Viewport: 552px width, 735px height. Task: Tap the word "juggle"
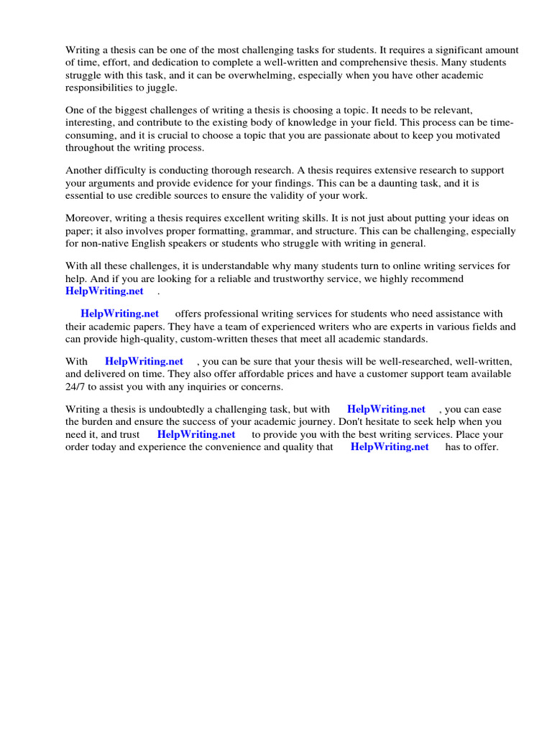pos(160,88)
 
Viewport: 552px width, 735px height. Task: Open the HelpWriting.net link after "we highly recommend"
pos(105,291)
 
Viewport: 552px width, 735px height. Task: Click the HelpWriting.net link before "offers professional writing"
pos(119,314)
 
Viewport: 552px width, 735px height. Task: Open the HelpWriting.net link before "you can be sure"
pos(144,362)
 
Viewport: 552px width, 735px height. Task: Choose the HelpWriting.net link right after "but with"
pos(386,409)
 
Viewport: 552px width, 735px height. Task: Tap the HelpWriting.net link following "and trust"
pos(196,434)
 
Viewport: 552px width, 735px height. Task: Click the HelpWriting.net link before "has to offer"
pos(390,446)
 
